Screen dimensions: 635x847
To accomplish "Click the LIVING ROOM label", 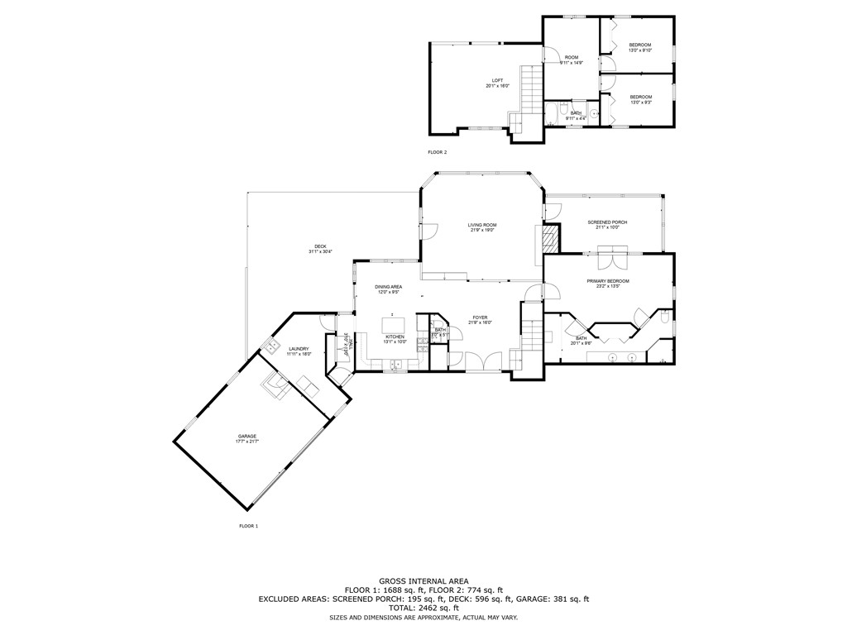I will (x=481, y=225).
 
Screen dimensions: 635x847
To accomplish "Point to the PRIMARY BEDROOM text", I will (x=608, y=281).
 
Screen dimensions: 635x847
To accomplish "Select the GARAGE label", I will (x=247, y=436).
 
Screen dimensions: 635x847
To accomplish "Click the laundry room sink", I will (x=270, y=346).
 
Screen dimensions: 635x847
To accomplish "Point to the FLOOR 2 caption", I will (x=437, y=153).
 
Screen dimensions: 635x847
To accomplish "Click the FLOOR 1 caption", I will (x=249, y=526).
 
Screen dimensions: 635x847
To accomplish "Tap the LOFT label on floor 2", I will (x=497, y=80).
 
